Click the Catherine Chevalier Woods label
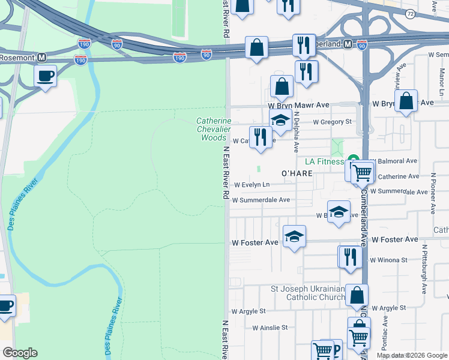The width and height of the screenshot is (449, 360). pos(214,129)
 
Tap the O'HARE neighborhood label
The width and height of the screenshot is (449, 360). pos(297,173)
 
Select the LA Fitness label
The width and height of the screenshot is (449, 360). pos(324,161)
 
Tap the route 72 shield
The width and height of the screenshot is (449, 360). pos(410,13)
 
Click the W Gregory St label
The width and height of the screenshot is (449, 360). pos(332,122)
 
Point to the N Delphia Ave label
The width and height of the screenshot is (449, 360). pos(297,136)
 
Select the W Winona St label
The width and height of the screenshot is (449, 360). pos(388,260)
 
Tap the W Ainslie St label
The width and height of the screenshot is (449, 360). pos(270,328)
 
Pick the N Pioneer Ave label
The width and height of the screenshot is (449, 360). pos(433,194)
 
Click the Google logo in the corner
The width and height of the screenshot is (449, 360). pos(20,353)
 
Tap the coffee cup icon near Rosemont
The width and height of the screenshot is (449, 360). pos(46,76)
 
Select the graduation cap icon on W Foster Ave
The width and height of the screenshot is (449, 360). pos(294,236)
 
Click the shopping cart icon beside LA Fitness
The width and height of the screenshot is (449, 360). pos(362,173)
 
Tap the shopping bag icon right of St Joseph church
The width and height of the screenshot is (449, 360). pos(357,295)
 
